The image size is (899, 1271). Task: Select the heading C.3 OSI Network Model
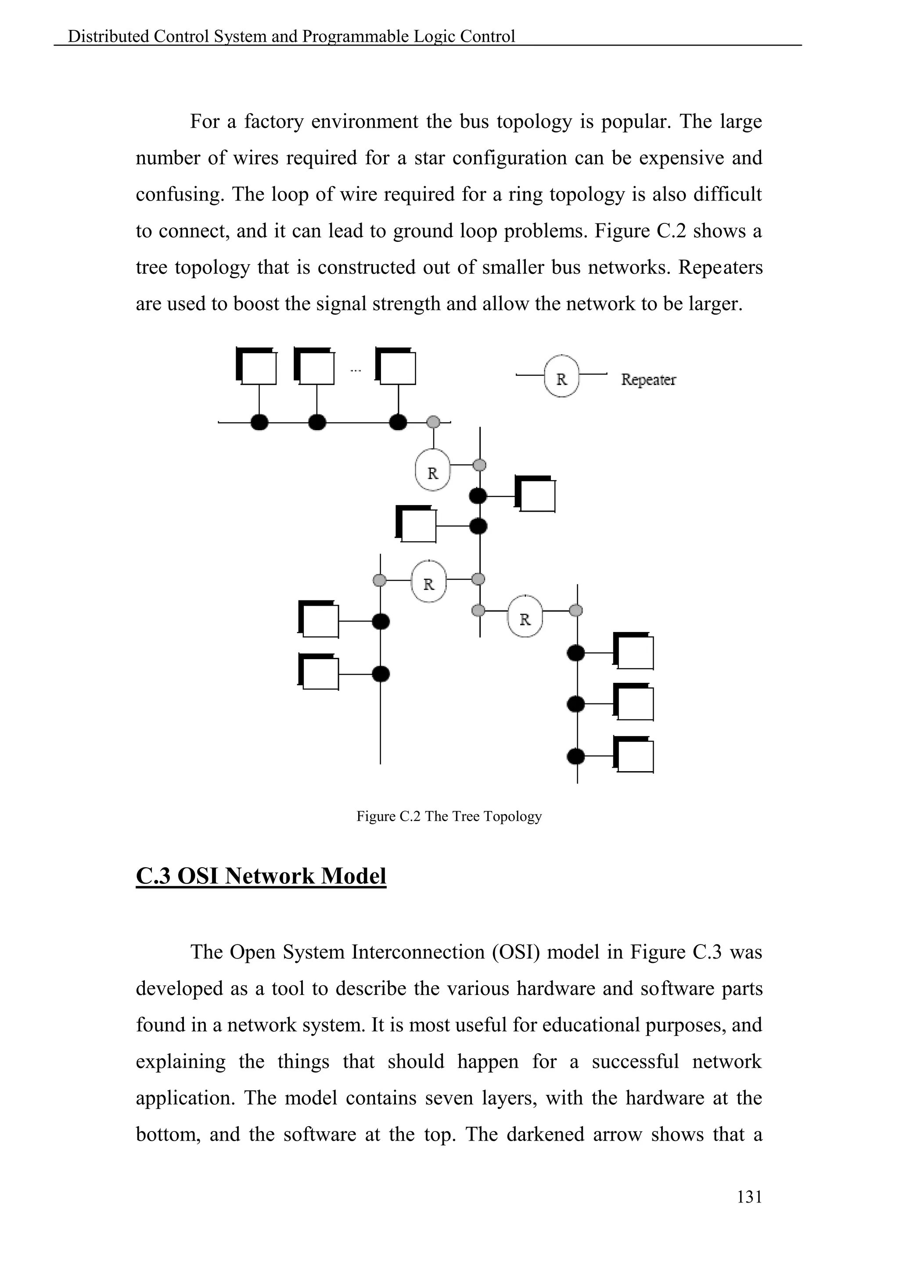261,876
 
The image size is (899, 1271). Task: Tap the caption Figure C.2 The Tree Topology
449,816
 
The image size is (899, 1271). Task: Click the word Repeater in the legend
648,380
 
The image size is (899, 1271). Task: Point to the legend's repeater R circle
561,377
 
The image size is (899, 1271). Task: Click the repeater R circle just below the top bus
432,470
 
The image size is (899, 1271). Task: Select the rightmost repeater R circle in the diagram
525,617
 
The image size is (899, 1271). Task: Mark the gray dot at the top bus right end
433,422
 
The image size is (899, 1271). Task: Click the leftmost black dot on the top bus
259,422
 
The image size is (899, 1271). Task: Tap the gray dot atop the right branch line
576,610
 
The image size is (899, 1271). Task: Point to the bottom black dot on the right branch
576,756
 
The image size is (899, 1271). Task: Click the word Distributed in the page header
108,36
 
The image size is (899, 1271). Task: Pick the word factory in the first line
274,121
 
